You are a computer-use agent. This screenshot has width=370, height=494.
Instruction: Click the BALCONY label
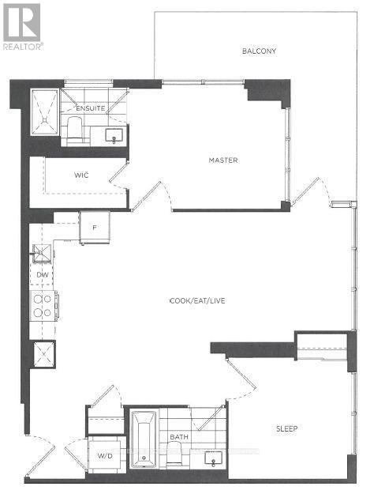coord(259,51)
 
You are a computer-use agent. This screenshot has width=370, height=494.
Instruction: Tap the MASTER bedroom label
coord(223,160)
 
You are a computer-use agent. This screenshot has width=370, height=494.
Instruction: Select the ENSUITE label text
coord(91,108)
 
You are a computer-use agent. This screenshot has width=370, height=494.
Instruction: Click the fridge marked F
coord(94,227)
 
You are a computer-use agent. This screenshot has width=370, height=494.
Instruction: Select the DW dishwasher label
coord(43,274)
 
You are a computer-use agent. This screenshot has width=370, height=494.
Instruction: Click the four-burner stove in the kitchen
coord(42,305)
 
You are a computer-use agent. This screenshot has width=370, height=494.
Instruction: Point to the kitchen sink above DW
coord(41,254)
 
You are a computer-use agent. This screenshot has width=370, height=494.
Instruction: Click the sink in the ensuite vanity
coord(116,135)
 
